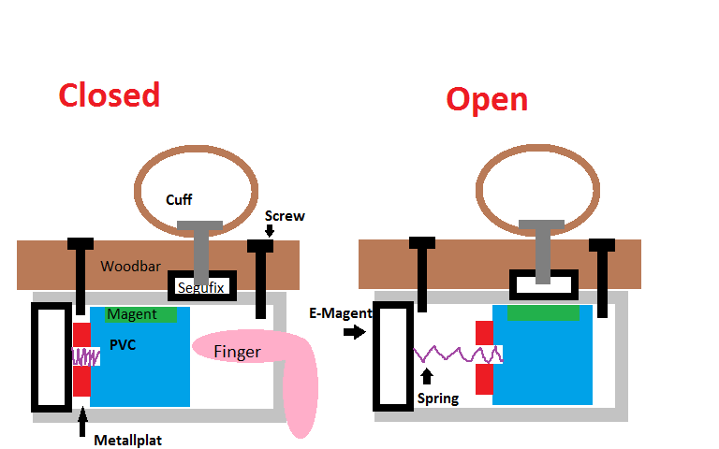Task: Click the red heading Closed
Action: tap(109, 95)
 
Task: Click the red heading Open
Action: tap(487, 99)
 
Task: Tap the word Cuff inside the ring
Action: tap(179, 200)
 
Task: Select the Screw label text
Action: tap(285, 216)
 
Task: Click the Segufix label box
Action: tap(201, 287)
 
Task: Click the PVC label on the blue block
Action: tap(122, 345)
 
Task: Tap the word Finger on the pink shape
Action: tap(237, 352)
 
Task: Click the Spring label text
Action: tap(437, 398)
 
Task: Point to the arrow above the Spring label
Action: tap(428, 377)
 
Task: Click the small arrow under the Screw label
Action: tap(270, 231)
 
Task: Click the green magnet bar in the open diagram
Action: tap(543, 313)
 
